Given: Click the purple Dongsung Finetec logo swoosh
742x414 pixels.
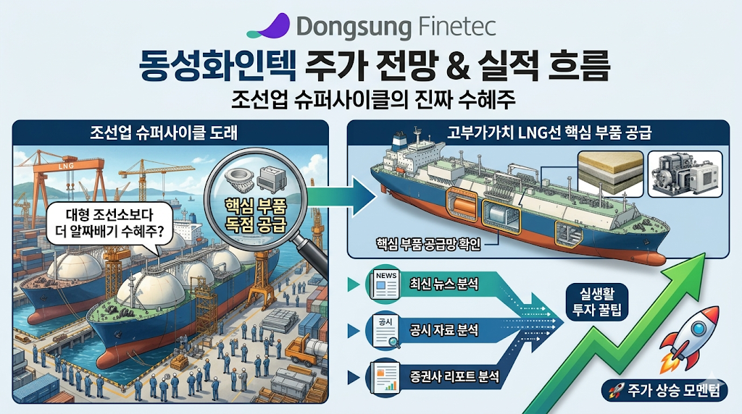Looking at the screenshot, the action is pos(270,27).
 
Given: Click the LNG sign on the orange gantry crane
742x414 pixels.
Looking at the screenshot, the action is pos(66,166).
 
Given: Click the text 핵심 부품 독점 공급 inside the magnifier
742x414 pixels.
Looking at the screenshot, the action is pos(256,216).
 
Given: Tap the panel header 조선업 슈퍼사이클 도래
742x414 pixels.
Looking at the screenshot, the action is pos(163,132).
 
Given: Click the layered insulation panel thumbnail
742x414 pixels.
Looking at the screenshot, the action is pos(610,174).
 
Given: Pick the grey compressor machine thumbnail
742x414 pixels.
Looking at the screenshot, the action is pos(685,174).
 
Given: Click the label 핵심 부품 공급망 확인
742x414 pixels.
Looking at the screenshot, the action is pos(428,244).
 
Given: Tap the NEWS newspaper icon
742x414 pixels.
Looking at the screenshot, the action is pos(385,284).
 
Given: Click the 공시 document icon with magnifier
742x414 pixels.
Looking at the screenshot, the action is pos(385,330).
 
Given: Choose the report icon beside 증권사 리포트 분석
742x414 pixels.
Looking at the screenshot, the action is pos(385,378).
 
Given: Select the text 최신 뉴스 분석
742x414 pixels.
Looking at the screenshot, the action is pos(444,284).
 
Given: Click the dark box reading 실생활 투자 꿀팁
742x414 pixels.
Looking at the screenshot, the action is pos(597,302).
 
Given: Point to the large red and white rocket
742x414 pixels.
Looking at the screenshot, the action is pos(689,339).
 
